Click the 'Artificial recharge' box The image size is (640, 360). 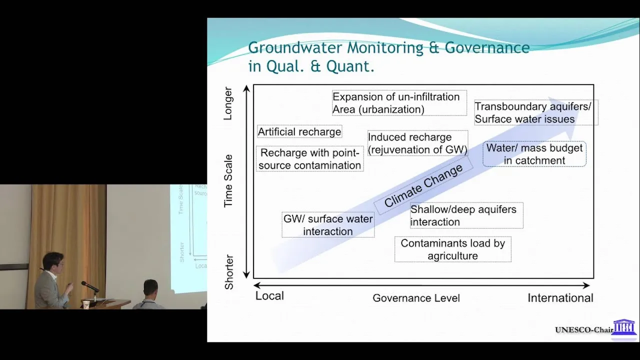[x=299, y=131]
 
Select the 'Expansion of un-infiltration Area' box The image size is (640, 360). [x=399, y=103]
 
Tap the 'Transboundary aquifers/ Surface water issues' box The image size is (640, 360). [x=536, y=112]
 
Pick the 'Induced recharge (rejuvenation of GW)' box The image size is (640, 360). [x=417, y=143]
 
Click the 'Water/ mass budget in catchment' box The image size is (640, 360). [x=534, y=154]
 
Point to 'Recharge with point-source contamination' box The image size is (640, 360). [x=309, y=159]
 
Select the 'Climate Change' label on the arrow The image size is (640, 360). [x=423, y=185]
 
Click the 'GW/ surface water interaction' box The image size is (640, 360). [x=328, y=225]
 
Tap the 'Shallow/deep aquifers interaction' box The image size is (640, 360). [x=466, y=215]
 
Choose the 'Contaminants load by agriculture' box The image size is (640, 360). [x=453, y=249]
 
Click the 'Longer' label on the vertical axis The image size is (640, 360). [x=228, y=103]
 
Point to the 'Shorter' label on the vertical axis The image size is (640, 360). [x=229, y=272]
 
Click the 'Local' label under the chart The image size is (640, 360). [x=269, y=296]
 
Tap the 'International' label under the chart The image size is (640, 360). [x=560, y=298]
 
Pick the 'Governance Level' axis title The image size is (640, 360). [x=416, y=298]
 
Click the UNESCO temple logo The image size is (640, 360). [x=624, y=327]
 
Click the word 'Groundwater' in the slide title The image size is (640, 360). [x=294, y=47]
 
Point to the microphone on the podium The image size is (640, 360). [x=89, y=286]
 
